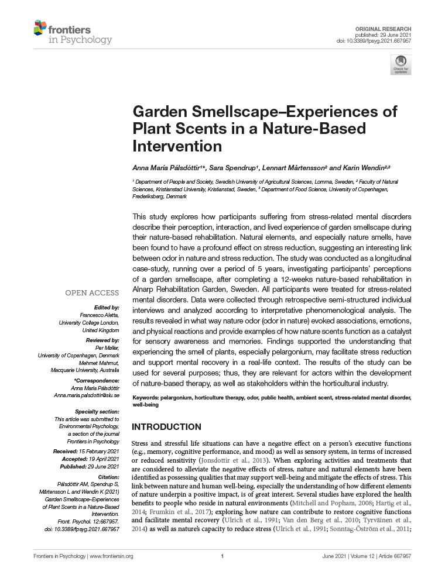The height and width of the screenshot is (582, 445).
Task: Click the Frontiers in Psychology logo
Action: tap(73, 33)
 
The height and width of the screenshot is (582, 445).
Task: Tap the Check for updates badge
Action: tap(400, 64)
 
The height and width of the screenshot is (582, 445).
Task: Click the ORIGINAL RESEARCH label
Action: tap(384, 29)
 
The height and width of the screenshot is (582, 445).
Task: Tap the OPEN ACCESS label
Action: tap(92, 293)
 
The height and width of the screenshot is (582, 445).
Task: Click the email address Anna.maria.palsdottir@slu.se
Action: tap(86, 396)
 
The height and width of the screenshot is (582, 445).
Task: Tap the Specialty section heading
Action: tap(97, 412)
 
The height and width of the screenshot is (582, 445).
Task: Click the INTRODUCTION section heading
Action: tap(167, 427)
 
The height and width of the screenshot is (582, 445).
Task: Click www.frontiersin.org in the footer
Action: tap(112, 556)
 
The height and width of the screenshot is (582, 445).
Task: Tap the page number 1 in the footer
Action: tap(222, 556)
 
